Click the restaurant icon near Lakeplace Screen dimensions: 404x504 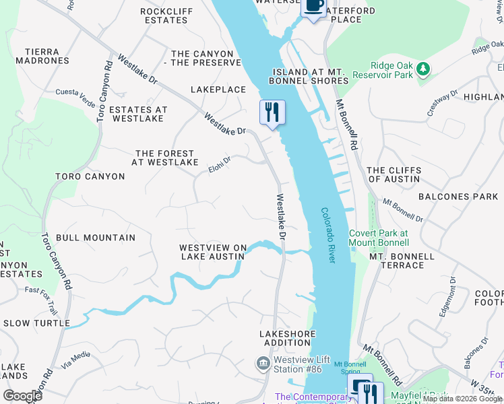pyautogui.click(x=272, y=112)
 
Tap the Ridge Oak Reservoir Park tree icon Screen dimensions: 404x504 pyautogui.click(x=422, y=69)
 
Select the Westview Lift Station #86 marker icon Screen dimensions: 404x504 pyautogui.click(x=262, y=364)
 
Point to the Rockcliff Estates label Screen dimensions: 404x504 pyautogui.click(x=164, y=15)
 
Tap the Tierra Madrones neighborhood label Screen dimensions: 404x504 pyautogui.click(x=46, y=56)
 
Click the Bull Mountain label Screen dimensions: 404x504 pyautogui.click(x=96, y=238)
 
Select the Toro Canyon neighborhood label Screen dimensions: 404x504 pyautogui.click(x=90, y=176)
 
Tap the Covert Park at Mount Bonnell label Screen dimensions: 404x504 pyautogui.click(x=378, y=237)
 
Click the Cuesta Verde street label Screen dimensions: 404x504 pyautogui.click(x=75, y=92)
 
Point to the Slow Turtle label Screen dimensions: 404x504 pyautogui.click(x=36, y=323)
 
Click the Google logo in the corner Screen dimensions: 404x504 pyautogui.click(x=22, y=396)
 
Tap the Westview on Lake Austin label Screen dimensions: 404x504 pyautogui.click(x=213, y=252)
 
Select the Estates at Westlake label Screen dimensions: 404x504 pyautogui.click(x=137, y=114)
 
